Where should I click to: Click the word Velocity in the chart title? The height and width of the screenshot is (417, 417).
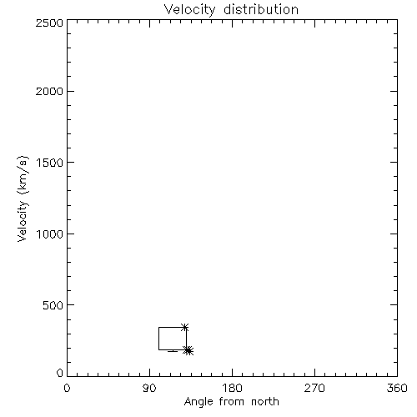pos(189,10)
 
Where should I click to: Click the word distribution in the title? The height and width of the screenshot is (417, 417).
pos(261,9)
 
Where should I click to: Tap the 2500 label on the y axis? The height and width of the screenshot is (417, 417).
pos(49,23)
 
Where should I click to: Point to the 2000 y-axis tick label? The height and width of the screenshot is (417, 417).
pos(49,91)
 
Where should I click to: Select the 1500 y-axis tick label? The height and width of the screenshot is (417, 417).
pos(50,163)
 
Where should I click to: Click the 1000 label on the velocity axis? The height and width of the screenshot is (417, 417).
pos(50,234)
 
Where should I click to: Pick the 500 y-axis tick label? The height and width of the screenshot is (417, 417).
pos(53,305)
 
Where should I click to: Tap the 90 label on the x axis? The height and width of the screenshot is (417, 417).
pos(149,388)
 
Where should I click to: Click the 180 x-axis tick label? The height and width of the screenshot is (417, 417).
pos(232,388)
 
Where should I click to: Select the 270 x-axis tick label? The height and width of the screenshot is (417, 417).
pos(314,388)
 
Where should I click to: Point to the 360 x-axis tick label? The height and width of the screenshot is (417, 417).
pos(397,388)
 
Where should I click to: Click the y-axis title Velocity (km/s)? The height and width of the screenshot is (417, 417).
pos(23,198)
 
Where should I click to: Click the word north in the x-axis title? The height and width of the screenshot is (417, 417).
pos(265,402)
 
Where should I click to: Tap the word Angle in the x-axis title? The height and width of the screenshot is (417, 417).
pos(198,402)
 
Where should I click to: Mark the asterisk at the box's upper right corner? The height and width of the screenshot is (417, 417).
pos(184,327)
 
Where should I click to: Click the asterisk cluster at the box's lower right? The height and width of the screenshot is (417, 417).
pos(188,350)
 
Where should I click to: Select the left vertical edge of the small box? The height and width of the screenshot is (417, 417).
pos(158,339)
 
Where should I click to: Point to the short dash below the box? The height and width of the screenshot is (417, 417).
pos(173,351)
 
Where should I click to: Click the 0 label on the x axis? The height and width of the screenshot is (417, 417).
pos(67,388)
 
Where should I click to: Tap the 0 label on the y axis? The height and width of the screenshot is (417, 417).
pos(60,373)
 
